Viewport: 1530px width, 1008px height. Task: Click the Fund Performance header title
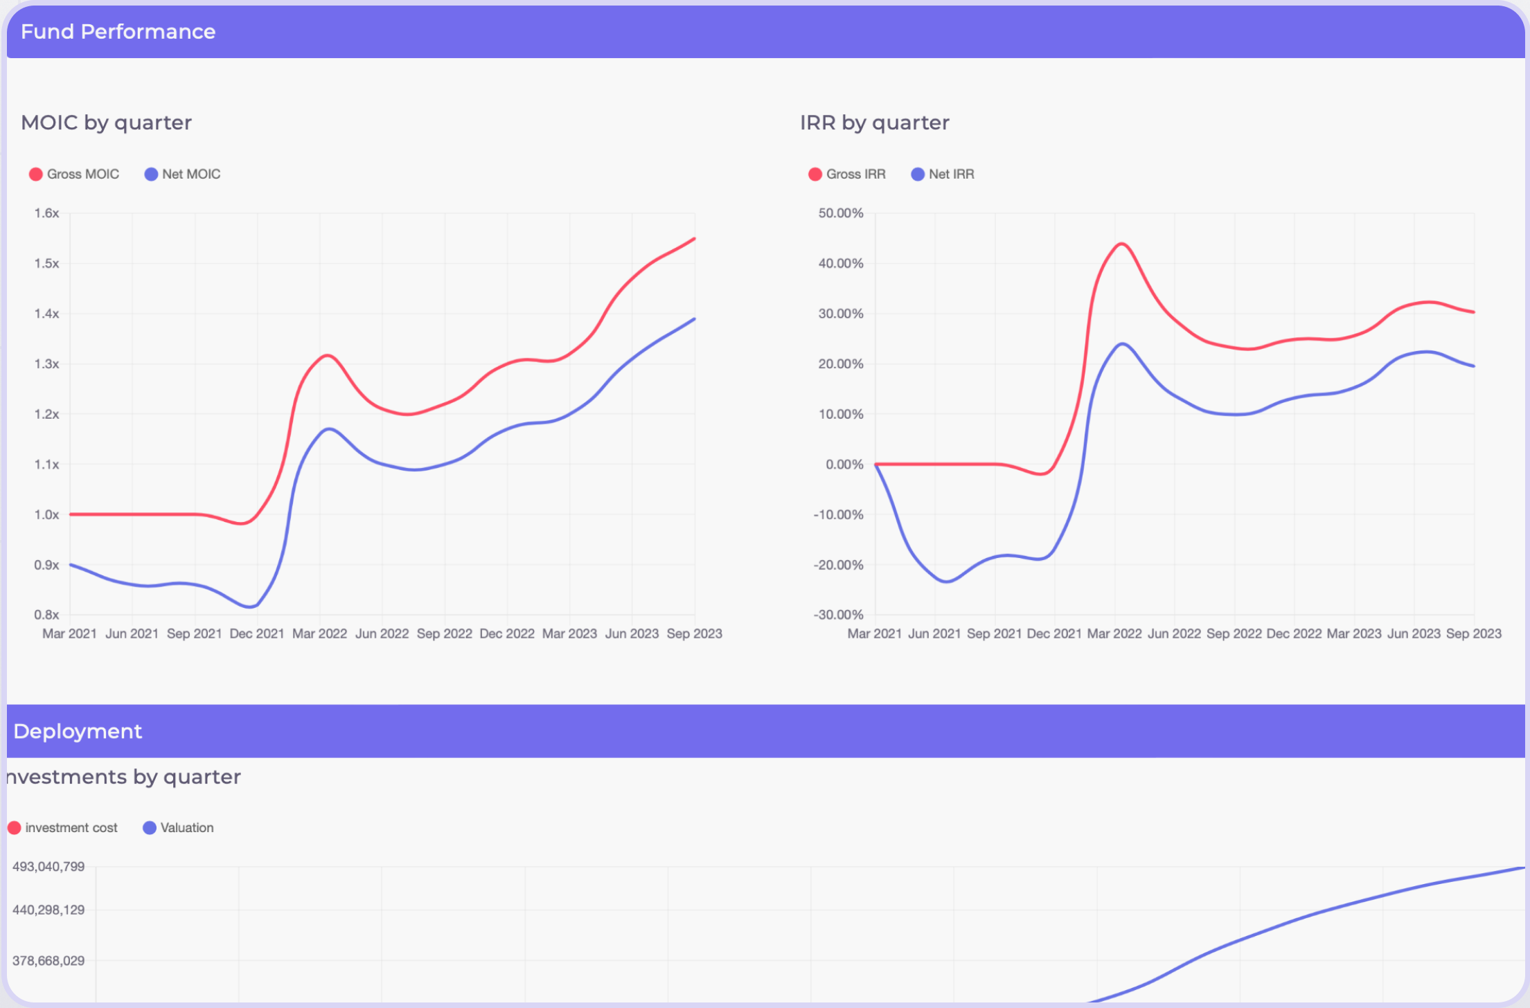tap(118, 32)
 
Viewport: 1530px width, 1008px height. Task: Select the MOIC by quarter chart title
tap(106, 123)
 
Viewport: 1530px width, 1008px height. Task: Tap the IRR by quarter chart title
tap(874, 123)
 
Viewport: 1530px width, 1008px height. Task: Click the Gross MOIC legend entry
tap(75, 174)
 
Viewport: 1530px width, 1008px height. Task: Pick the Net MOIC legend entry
tap(183, 174)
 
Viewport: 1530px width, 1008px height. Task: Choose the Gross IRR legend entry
tap(847, 174)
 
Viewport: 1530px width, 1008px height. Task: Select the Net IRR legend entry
tap(943, 174)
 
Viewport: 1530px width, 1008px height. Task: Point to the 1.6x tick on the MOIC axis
tap(46, 213)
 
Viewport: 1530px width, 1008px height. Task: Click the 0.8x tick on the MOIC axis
tap(46, 615)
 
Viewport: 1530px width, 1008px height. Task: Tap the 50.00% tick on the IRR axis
tap(841, 213)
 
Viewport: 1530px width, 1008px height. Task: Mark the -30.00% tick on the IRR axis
tap(838, 615)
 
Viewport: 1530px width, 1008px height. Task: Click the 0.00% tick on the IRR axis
tap(844, 465)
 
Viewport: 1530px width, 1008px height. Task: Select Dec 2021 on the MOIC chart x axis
tap(257, 633)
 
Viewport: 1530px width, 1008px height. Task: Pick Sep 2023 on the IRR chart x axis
tap(1473, 633)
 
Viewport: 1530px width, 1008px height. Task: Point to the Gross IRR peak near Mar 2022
tap(1121, 244)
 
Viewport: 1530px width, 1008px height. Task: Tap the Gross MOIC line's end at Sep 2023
tap(694, 239)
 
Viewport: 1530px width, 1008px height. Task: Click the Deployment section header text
tap(78, 732)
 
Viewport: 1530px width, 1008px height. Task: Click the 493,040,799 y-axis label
tap(48, 867)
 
